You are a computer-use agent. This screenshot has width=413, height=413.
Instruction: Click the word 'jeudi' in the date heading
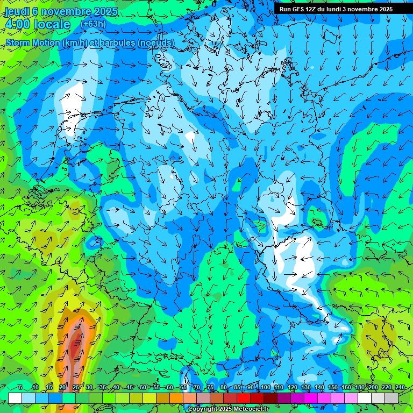coord(17,12)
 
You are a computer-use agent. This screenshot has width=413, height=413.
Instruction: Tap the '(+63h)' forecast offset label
coord(93,24)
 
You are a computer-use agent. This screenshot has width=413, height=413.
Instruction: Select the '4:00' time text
coord(17,24)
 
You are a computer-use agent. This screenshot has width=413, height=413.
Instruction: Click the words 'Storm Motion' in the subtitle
coord(32,42)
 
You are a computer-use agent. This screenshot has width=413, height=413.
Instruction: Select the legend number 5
coord(20,387)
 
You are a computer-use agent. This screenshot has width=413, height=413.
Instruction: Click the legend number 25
coord(75,387)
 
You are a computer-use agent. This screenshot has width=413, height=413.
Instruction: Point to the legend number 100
coord(265,387)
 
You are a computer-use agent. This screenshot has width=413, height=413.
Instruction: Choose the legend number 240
coord(400,387)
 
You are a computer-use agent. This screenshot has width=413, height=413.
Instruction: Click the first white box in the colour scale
coord(15,398)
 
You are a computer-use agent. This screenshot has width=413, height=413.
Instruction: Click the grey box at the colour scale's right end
coord(391,398)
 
